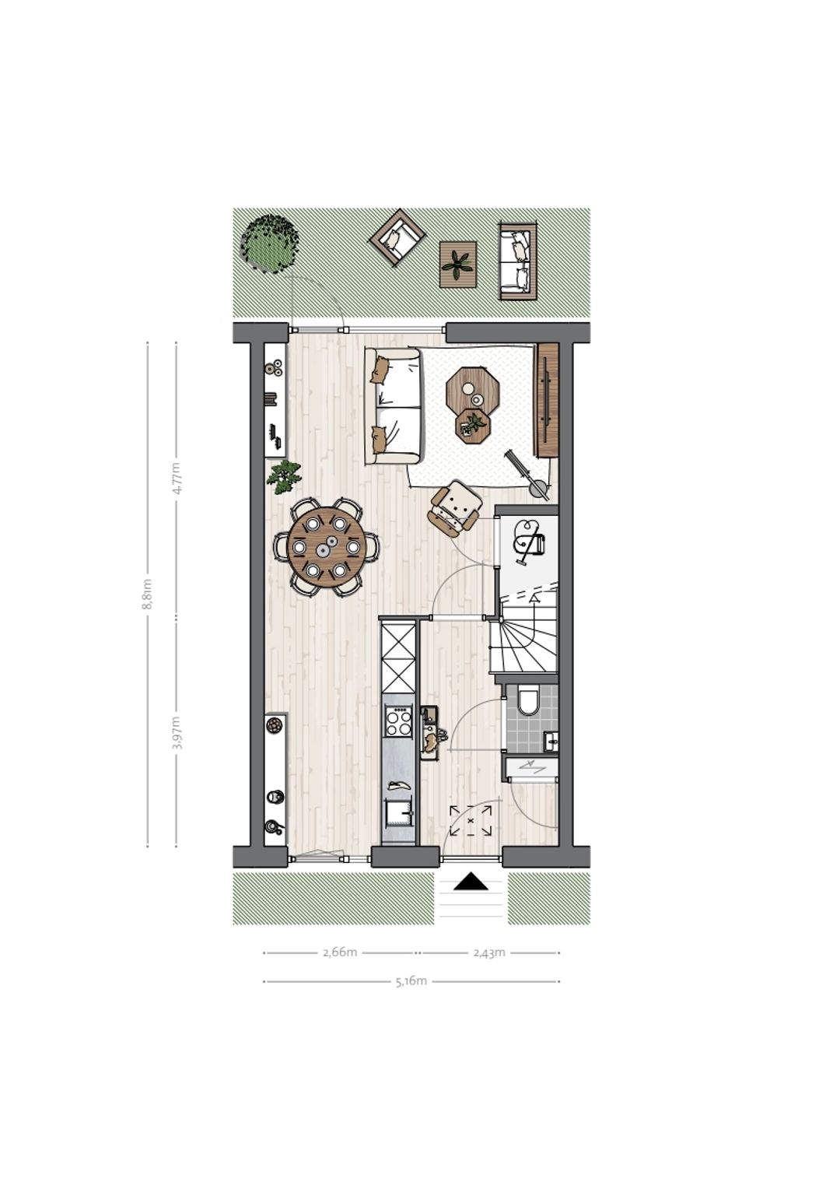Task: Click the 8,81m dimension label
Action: (x=148, y=594)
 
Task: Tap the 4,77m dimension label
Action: (x=177, y=479)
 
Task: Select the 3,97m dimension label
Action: (x=177, y=733)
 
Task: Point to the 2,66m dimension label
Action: (x=340, y=952)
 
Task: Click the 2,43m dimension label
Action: (x=489, y=952)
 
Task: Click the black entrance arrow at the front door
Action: (x=471, y=882)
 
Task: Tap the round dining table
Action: (x=326, y=547)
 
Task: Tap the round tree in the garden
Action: (x=270, y=244)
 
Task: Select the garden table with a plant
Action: (x=458, y=265)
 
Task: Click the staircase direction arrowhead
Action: (x=534, y=598)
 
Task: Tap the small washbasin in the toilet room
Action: (x=550, y=741)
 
